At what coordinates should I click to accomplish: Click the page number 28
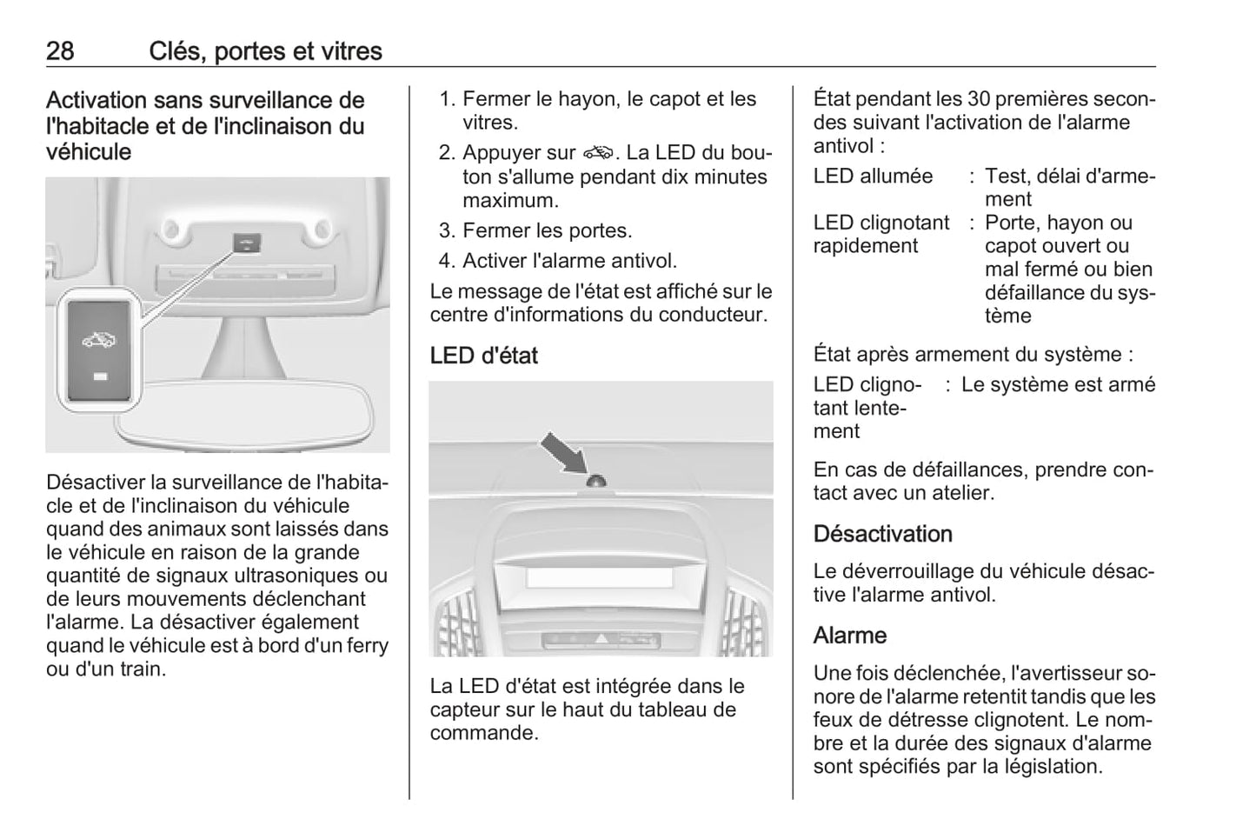(60, 51)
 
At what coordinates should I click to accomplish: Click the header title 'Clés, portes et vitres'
(265, 51)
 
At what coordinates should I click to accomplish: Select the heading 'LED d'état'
(483, 356)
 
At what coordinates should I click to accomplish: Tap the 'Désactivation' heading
(882, 534)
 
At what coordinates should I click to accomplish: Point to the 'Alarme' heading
(849, 636)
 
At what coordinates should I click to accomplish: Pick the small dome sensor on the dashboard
(597, 481)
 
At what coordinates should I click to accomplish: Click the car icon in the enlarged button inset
(98, 339)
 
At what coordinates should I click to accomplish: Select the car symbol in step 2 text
(599, 153)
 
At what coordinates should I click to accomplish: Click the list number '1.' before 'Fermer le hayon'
(447, 99)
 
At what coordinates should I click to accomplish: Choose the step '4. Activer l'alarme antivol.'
(557, 261)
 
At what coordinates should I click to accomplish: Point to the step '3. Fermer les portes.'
(535, 231)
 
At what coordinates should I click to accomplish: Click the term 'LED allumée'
(873, 176)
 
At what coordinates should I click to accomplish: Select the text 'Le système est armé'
(1058, 384)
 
